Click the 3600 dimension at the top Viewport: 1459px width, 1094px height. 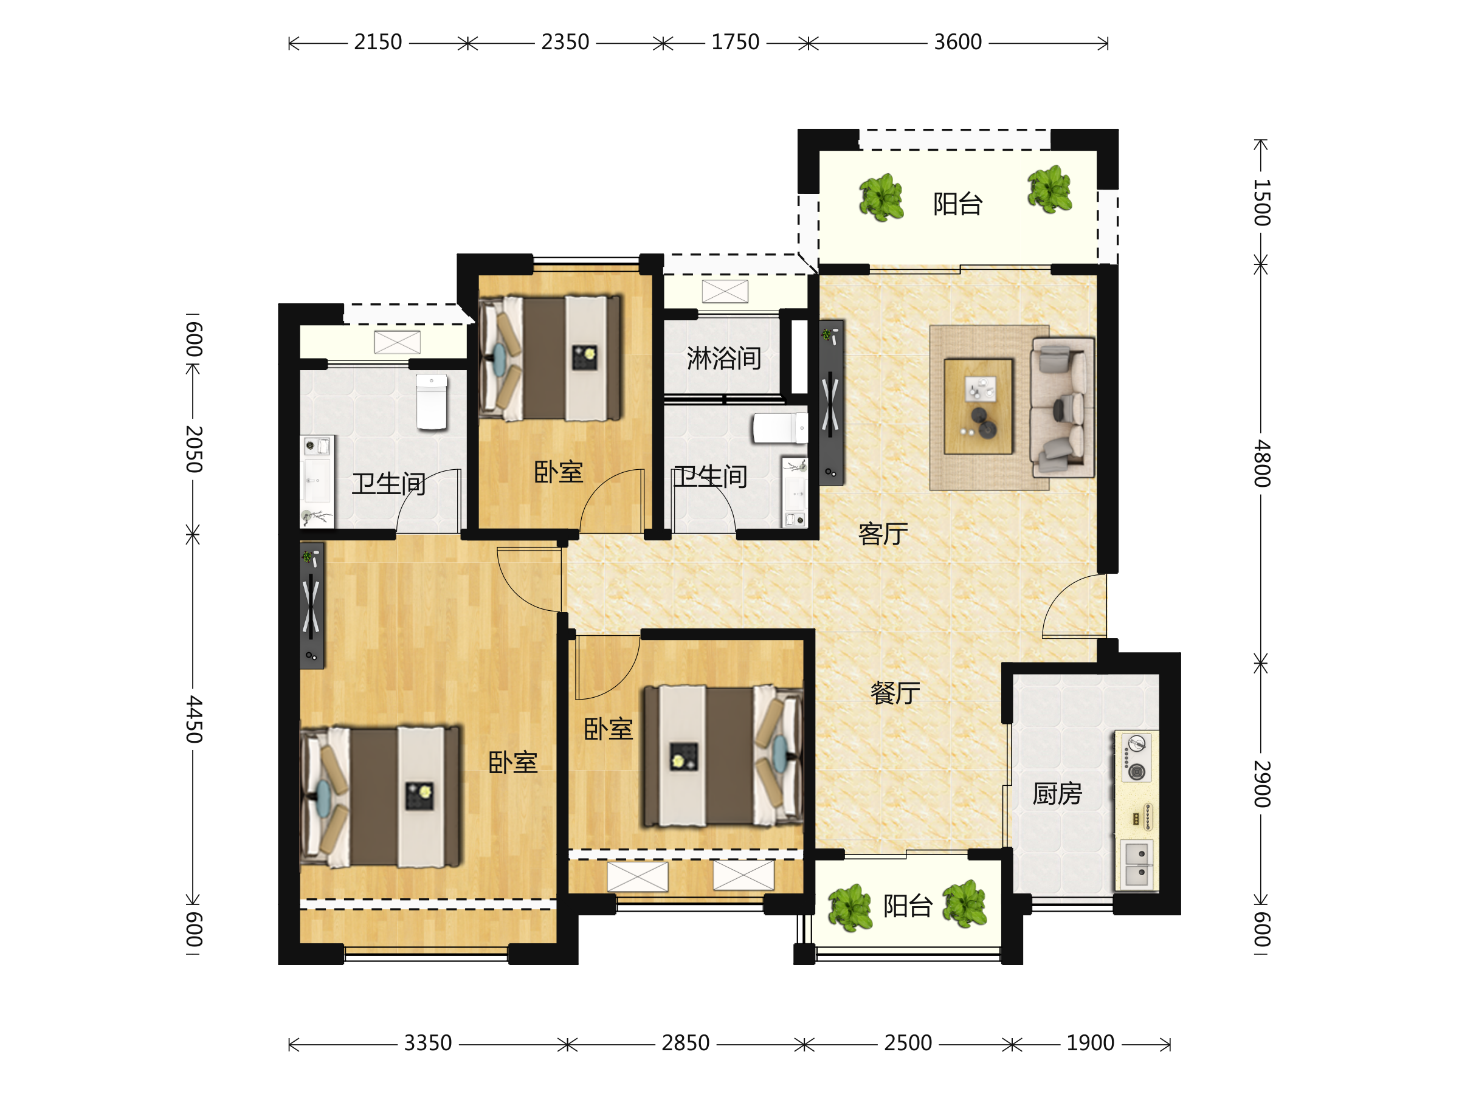[x=957, y=42]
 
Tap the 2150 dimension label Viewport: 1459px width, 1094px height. [x=378, y=42]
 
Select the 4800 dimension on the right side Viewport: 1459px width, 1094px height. [x=1261, y=463]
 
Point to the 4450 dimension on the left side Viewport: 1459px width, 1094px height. [x=193, y=719]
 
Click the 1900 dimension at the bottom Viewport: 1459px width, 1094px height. [x=1090, y=1043]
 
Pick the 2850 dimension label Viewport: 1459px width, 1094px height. [x=685, y=1043]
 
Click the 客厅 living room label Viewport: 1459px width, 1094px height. [x=883, y=534]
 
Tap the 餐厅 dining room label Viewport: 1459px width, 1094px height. [x=895, y=693]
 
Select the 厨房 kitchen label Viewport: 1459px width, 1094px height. [x=1057, y=793]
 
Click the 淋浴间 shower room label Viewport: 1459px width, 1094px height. [x=724, y=358]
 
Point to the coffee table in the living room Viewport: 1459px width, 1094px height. [x=978, y=406]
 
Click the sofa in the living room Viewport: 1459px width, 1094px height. [x=1063, y=408]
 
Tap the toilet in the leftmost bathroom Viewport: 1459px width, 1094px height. [x=432, y=402]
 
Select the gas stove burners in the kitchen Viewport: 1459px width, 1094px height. [x=1136, y=758]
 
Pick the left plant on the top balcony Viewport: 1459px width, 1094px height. [x=881, y=196]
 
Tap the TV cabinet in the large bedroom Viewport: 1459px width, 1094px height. [x=312, y=605]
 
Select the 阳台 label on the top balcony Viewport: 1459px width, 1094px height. [x=957, y=204]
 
